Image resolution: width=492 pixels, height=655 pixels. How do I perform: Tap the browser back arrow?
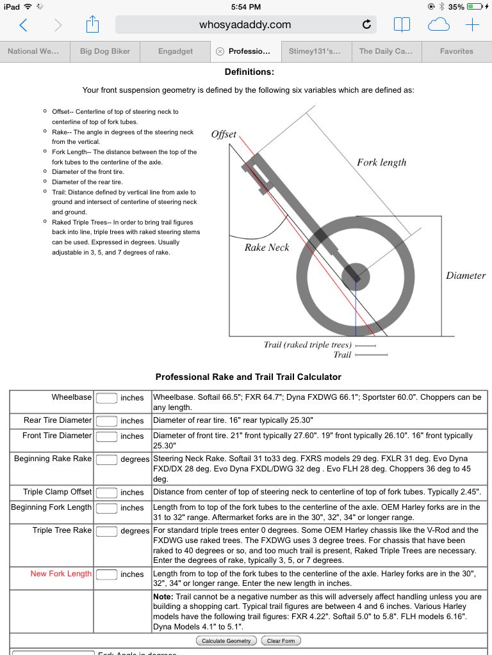tap(24, 25)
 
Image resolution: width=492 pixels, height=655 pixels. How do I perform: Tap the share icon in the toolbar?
tap(93, 25)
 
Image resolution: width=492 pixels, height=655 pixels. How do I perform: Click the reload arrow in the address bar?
tap(366, 25)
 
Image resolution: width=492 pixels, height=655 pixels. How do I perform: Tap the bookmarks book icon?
tap(402, 25)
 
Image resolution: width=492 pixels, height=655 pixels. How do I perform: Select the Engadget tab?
tap(176, 51)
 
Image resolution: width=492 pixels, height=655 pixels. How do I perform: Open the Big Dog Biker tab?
tap(105, 51)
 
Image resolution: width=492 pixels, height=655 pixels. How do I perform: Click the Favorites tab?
tap(456, 51)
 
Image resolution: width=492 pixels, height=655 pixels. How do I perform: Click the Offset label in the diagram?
tap(224, 135)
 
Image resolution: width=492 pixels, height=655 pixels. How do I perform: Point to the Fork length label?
tap(382, 162)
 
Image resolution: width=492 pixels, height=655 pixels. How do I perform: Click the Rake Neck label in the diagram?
tap(267, 248)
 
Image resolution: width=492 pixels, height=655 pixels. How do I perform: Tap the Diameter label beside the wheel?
tap(466, 276)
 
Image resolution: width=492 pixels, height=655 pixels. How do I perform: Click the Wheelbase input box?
tap(106, 398)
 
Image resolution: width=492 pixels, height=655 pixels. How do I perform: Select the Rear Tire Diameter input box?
tap(106, 421)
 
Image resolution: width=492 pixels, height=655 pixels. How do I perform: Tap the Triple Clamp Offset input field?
tap(106, 493)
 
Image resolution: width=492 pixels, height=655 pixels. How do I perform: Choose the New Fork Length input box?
tap(106, 574)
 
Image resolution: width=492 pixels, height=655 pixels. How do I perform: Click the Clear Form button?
tap(283, 641)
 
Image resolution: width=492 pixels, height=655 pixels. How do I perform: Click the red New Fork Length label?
tap(61, 574)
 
